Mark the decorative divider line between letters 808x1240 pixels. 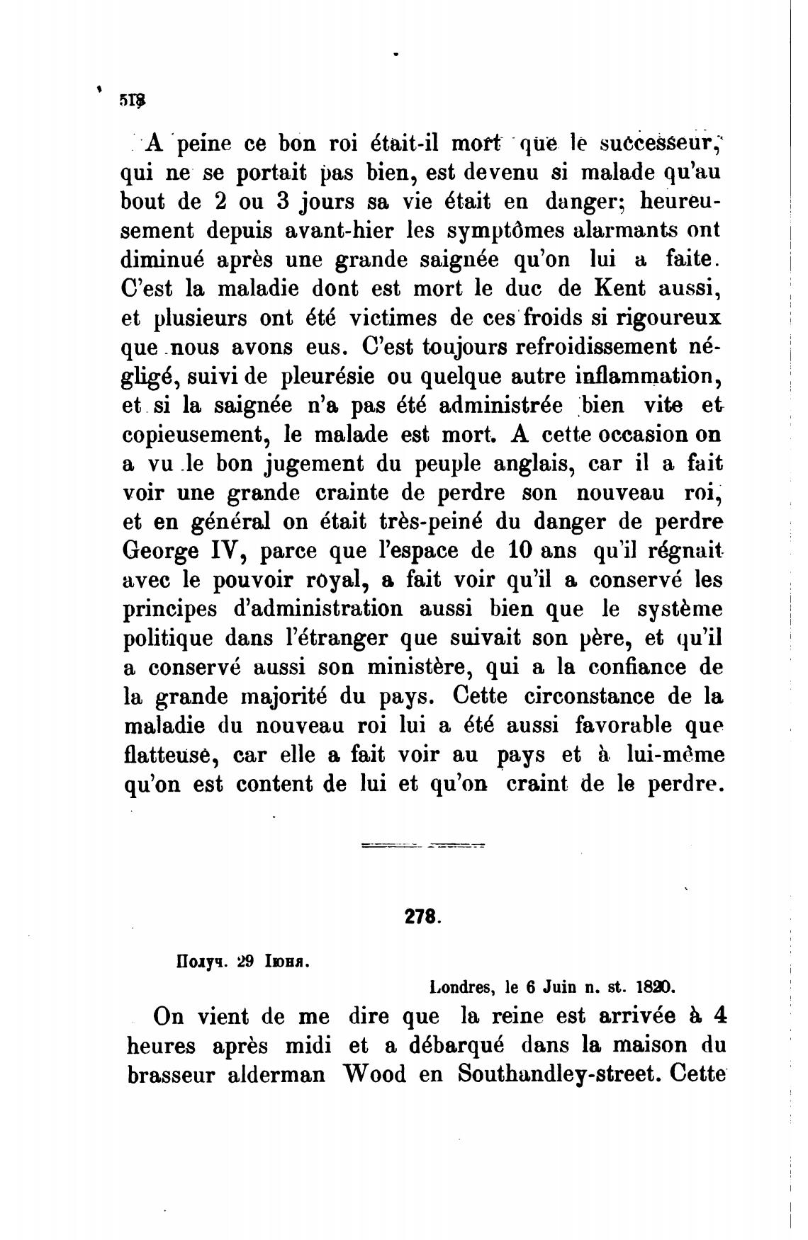(422, 845)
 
